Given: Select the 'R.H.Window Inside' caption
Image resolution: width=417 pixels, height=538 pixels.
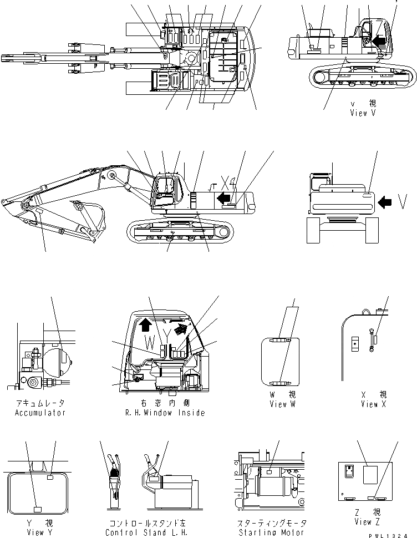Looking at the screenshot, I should pyautogui.click(x=165, y=413).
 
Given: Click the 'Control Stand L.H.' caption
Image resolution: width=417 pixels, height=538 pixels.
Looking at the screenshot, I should pyautogui.click(x=139, y=532).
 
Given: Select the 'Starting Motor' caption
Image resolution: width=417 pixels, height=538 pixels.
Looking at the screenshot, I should pyautogui.click(x=270, y=532).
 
